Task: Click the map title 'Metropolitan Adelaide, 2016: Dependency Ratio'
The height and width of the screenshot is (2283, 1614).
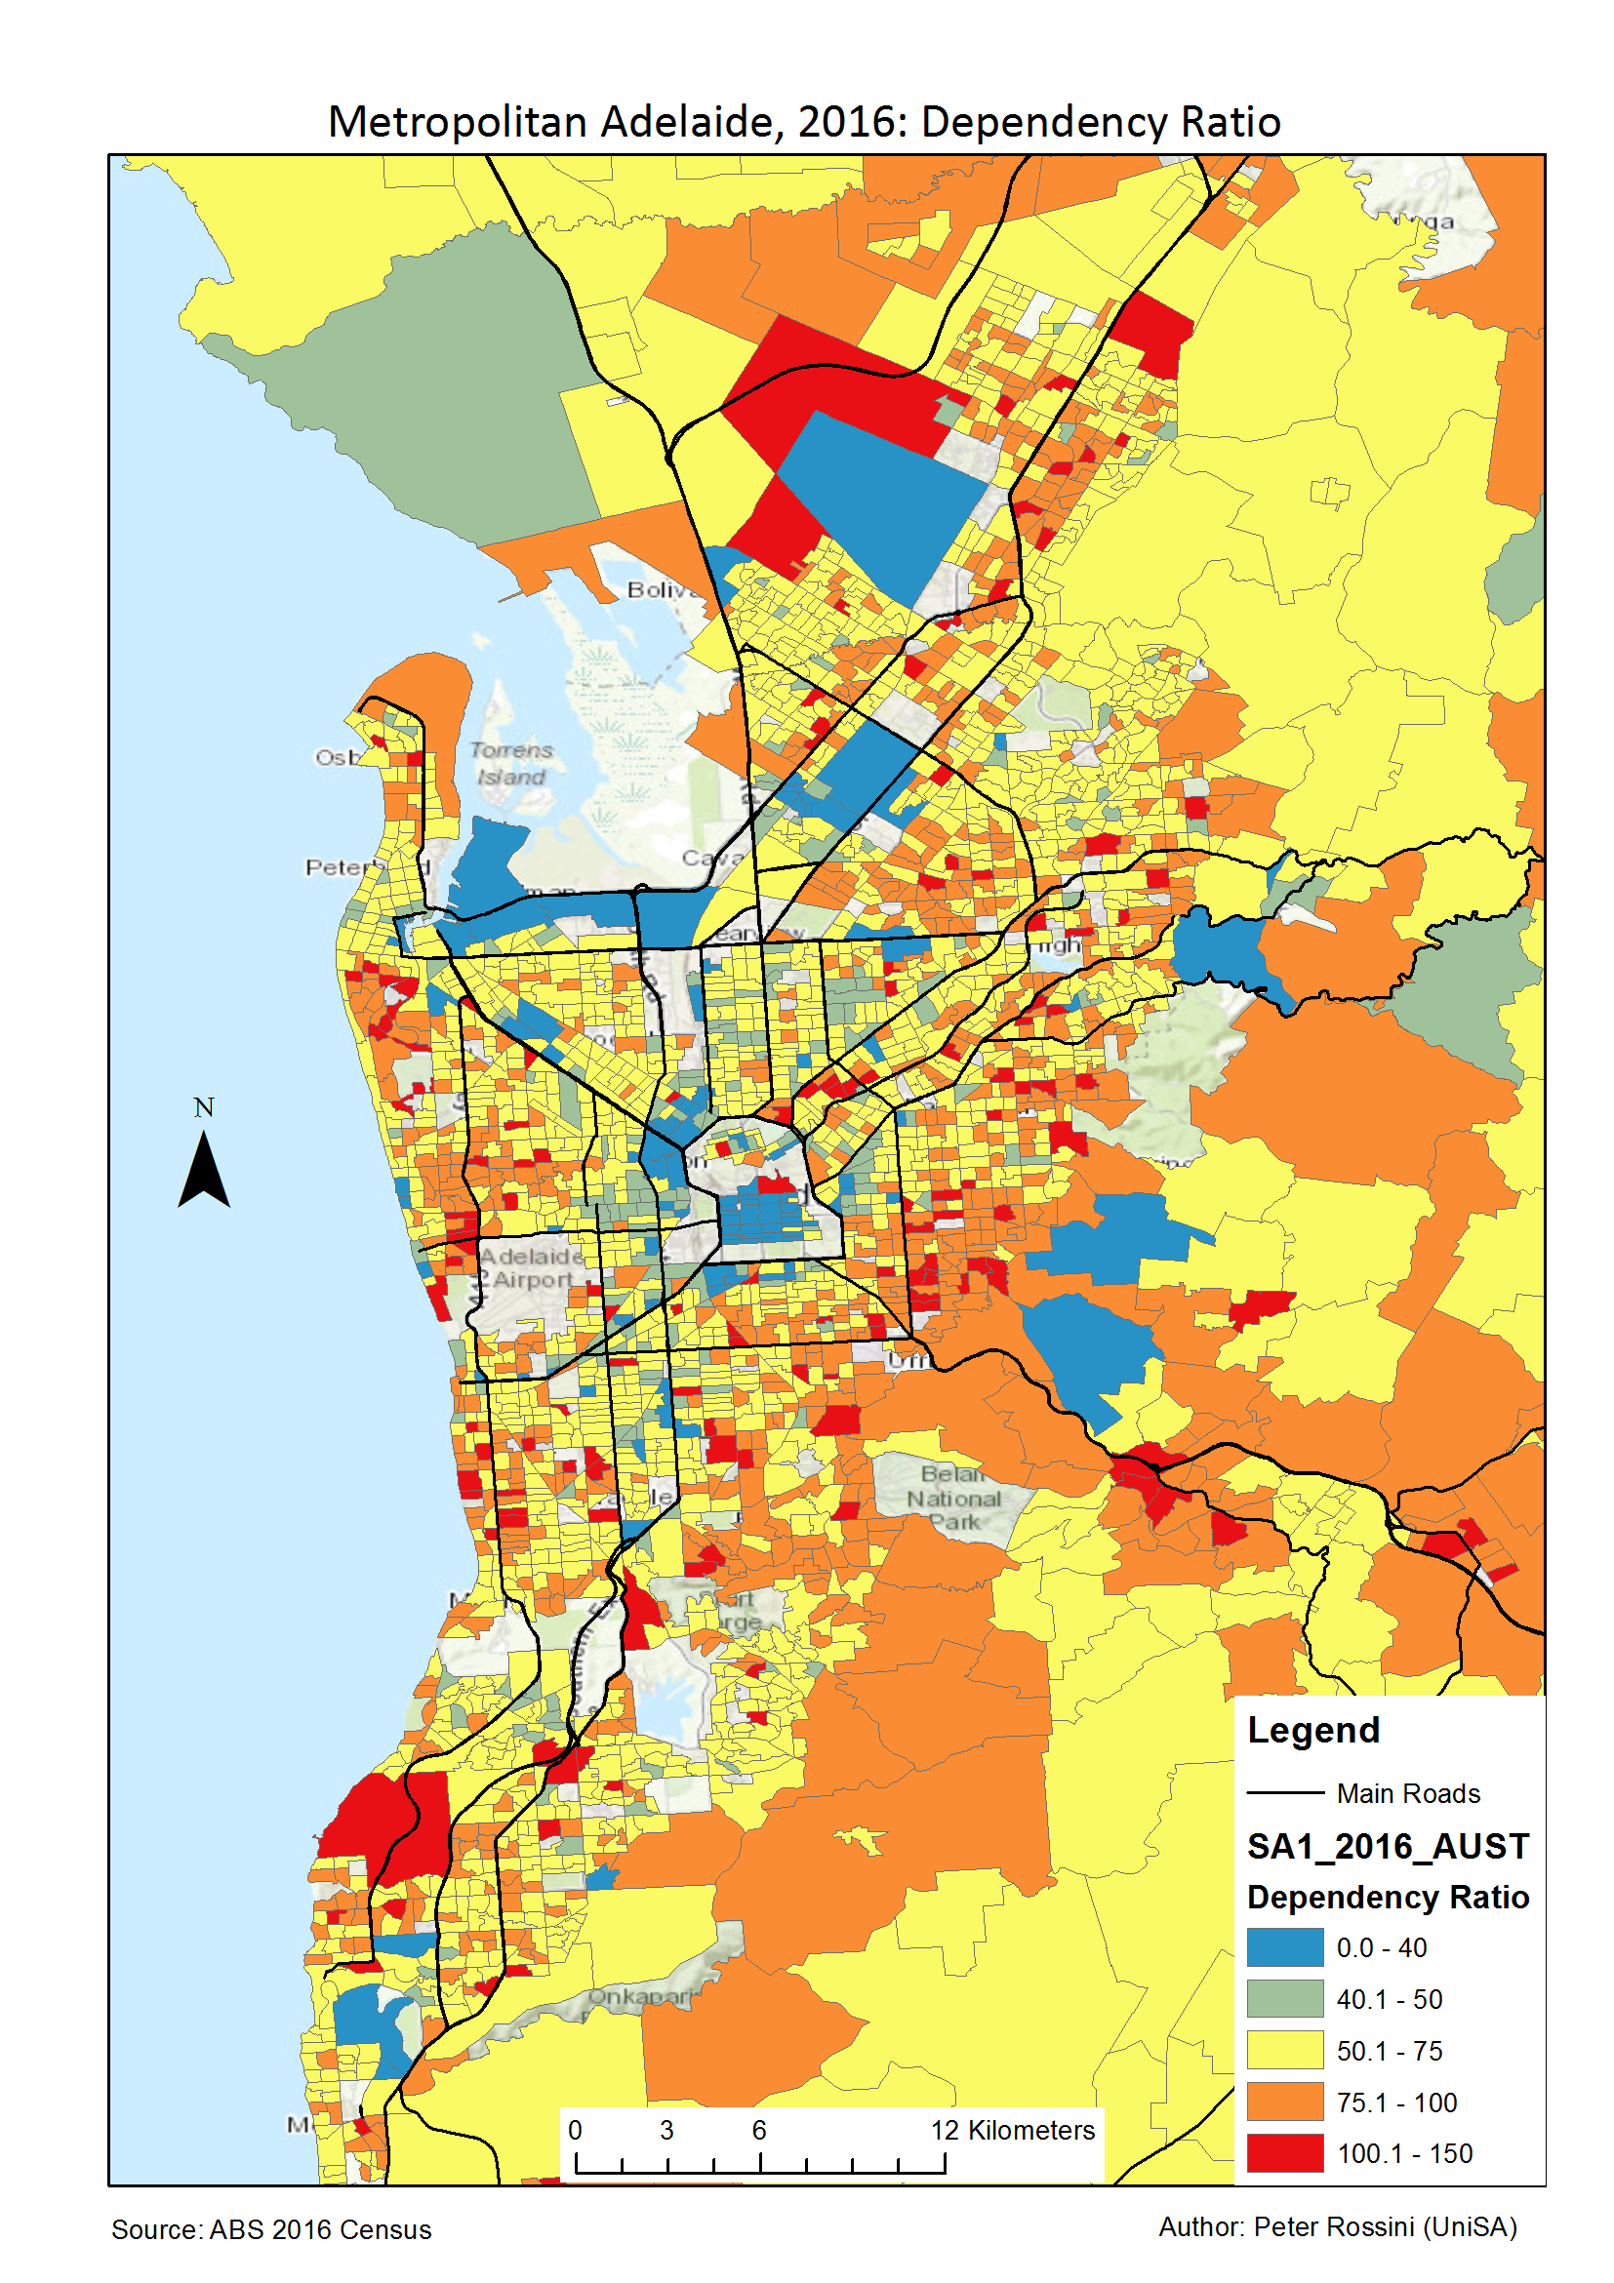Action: (803, 122)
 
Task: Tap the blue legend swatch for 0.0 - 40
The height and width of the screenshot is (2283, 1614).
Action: (1285, 1947)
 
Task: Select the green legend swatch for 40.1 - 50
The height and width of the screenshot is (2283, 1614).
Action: (1285, 1999)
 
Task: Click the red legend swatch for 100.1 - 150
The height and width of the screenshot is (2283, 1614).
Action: (1285, 2152)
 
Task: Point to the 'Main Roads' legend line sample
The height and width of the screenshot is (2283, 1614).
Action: (1285, 1793)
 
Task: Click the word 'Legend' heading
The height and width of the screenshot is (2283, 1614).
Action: (1312, 1730)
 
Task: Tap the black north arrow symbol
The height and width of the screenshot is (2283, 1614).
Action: (204, 1171)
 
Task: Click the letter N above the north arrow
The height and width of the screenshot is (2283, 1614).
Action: (204, 1107)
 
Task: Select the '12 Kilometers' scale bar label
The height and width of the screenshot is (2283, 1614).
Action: (1011, 2130)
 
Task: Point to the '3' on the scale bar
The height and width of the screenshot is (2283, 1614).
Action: (666, 2130)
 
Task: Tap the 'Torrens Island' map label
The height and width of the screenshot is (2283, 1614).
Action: (511, 764)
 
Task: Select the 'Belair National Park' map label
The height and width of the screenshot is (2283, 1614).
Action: (953, 1499)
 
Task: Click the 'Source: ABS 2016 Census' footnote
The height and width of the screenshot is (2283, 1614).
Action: (271, 2230)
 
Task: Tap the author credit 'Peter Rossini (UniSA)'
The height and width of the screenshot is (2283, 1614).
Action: (1337, 2227)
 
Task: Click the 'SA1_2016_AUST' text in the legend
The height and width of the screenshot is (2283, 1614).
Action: (1388, 1847)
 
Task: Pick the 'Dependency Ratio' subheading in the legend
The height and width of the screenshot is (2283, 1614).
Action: (1388, 1898)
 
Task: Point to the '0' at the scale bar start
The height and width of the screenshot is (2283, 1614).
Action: (575, 2130)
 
